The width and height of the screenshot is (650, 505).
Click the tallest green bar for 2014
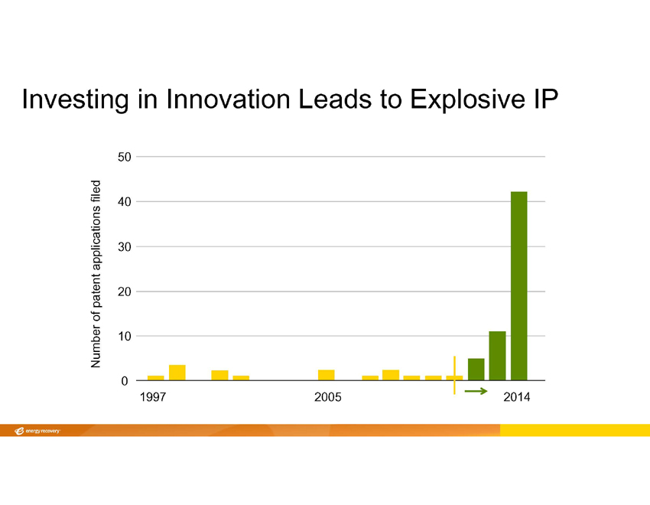519,285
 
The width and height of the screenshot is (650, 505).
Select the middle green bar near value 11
498,356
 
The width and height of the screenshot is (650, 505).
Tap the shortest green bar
476,370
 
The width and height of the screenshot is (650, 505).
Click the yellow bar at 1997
156,378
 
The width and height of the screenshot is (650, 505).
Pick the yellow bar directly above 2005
327,375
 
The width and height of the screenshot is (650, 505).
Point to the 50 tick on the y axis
124,157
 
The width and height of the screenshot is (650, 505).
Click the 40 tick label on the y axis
124,201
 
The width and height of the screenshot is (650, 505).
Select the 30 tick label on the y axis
124,246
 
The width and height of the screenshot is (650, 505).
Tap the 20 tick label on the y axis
124,292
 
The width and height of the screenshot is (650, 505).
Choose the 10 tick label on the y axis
124,336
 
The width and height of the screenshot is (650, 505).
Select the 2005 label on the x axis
327,399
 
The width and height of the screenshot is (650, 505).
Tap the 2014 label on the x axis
517,399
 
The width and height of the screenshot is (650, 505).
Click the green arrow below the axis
476,391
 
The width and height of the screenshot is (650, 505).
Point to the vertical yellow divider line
454,375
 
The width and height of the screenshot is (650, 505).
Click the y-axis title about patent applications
96,273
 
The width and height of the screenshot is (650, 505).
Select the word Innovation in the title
219,99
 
